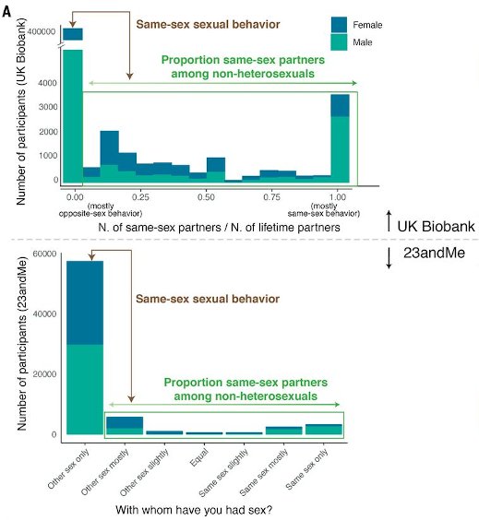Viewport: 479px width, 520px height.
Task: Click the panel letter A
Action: pos(8,7)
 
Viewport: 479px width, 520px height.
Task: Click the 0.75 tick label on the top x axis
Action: pos(272,196)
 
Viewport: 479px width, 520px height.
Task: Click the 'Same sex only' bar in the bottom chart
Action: pos(323,429)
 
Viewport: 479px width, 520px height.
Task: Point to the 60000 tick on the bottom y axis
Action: pos(39,254)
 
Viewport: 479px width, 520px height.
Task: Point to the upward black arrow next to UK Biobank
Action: pos(391,224)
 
